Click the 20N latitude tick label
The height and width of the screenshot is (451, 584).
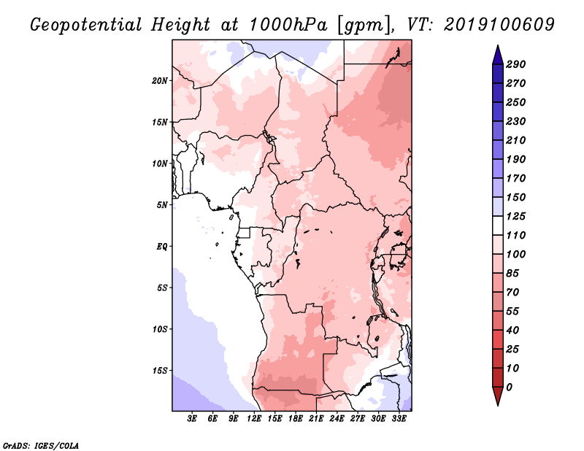click(160, 81)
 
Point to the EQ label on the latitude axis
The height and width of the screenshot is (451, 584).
click(162, 247)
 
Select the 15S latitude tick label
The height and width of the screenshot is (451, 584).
click(160, 371)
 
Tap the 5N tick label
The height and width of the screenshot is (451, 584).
click(162, 205)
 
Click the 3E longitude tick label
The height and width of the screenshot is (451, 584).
click(192, 419)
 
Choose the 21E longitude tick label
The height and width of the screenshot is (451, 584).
click(316, 419)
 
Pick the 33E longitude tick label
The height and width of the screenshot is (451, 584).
click(399, 419)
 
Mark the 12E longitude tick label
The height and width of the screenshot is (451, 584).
click(253, 419)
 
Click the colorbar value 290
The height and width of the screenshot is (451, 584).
click(515, 64)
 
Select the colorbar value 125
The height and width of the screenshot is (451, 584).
click(515, 216)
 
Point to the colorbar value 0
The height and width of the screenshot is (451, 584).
click(509, 388)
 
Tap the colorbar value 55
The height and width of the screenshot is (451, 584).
click(512, 312)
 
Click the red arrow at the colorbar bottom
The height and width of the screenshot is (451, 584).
click(498, 396)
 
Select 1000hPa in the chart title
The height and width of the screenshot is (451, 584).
click(288, 25)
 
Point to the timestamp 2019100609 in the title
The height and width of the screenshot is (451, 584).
click(499, 25)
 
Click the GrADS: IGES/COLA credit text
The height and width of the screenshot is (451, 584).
click(41, 445)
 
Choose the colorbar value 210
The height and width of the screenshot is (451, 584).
click(515, 140)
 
